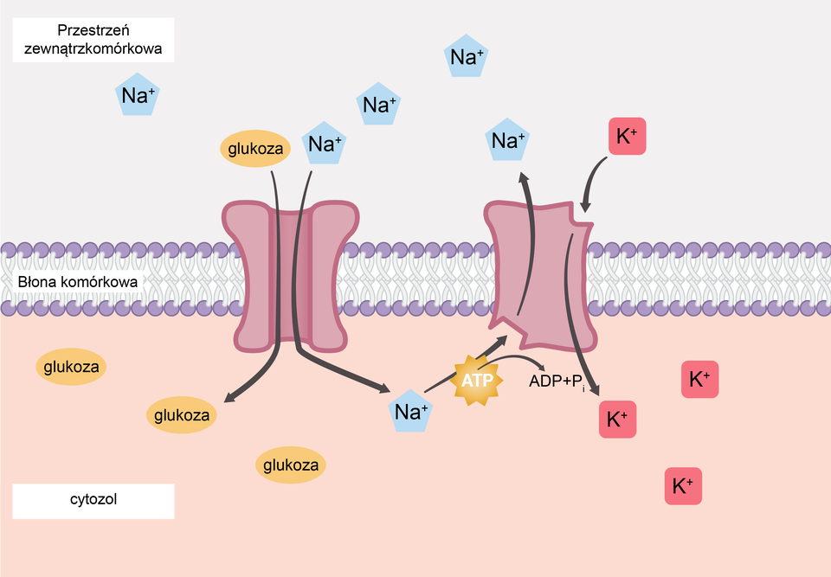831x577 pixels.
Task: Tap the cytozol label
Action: pyautogui.click(x=93, y=500)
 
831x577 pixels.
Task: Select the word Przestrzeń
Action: pyautogui.click(x=93, y=30)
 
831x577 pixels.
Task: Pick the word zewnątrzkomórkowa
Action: pyautogui.click(x=93, y=49)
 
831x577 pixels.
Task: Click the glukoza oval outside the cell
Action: pyautogui.click(x=255, y=149)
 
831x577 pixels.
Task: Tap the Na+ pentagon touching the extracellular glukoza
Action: pyautogui.click(x=325, y=144)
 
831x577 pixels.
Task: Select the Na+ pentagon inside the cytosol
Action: pyautogui.click(x=410, y=412)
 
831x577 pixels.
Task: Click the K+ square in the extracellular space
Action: pyautogui.click(x=628, y=137)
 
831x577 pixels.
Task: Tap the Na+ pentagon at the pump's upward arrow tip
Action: pyautogui.click(x=507, y=141)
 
